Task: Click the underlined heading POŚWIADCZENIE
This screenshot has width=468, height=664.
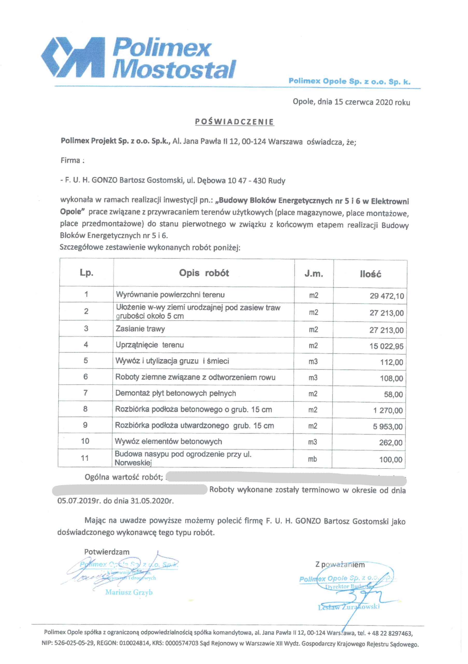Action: coord(234,122)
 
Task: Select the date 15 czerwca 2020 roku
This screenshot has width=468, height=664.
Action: coord(372,102)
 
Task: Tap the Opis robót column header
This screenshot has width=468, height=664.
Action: coord(204,273)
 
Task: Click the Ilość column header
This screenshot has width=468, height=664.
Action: coord(370,274)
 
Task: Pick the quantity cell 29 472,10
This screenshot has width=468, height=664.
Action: coord(387,296)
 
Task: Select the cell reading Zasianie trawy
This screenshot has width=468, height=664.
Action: coord(141,329)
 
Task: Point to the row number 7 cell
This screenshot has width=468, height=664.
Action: coord(86,393)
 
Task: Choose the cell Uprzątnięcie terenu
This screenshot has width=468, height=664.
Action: coord(150,345)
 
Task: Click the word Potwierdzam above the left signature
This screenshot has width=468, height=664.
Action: coord(107,552)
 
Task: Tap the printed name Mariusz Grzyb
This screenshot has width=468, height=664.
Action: coord(129,592)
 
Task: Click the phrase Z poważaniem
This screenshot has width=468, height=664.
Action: coord(340,564)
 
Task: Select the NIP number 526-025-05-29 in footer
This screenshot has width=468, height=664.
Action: coord(74,644)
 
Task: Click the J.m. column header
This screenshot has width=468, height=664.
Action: coord(314,274)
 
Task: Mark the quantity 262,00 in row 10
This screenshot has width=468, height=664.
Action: coord(390,443)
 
